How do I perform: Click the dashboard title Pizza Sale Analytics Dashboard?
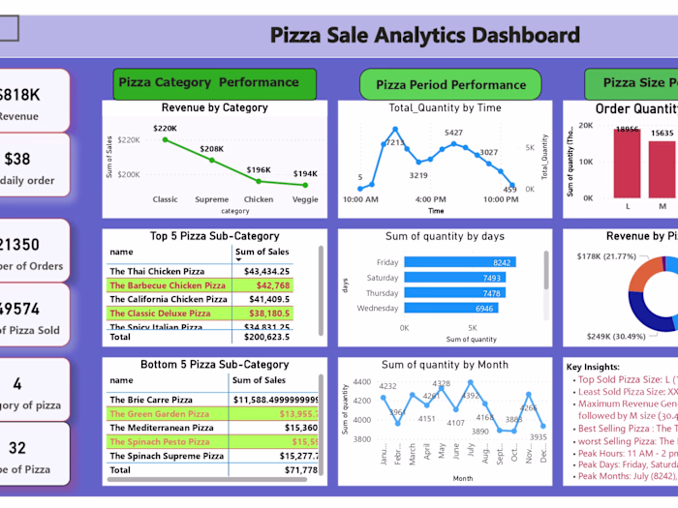click(424, 37)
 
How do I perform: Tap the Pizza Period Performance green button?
click(449, 84)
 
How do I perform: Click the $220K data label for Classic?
click(165, 128)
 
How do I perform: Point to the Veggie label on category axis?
click(305, 199)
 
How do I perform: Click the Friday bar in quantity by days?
click(459, 262)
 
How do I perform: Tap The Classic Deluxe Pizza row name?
click(160, 314)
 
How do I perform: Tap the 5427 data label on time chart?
click(453, 133)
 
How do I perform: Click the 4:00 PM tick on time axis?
click(430, 199)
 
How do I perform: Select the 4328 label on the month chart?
click(442, 383)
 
